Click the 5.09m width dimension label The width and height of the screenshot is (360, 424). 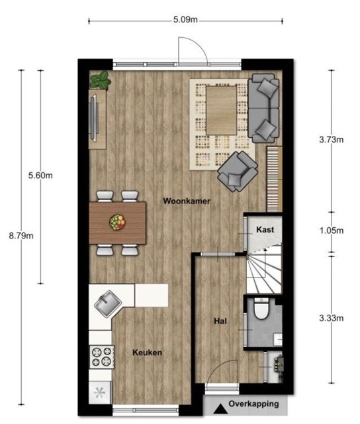(185, 20)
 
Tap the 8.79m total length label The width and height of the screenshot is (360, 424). (21, 236)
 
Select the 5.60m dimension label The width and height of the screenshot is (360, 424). (40, 176)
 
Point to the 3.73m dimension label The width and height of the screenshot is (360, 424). (332, 140)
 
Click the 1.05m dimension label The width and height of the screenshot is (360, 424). (332, 231)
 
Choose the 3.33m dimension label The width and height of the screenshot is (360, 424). (332, 318)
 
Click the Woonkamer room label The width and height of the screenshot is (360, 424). (187, 201)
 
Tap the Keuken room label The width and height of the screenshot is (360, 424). (147, 352)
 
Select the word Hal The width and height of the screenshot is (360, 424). (220, 321)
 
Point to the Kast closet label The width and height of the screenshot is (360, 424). (265, 230)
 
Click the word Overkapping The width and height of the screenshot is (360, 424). (253, 404)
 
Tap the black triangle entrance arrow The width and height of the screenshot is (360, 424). (220, 409)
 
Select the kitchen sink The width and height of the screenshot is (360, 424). (108, 304)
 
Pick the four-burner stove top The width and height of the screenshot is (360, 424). (102, 356)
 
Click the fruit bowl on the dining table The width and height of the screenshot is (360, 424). (118, 223)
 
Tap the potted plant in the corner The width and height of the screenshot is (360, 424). (100, 80)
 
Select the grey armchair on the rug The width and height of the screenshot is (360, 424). (238, 172)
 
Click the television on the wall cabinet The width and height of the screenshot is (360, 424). (93, 118)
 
